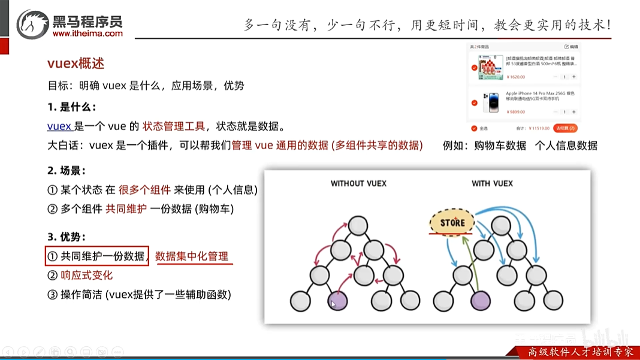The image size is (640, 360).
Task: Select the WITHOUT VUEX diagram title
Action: [355, 183]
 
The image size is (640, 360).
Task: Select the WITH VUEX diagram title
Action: [492, 183]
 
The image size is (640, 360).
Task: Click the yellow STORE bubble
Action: [452, 223]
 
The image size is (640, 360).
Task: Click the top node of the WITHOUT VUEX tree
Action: [358, 225]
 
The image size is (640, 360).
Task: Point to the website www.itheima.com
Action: [87, 34]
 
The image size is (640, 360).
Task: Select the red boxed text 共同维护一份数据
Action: [96, 256]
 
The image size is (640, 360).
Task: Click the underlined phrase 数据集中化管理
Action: [192, 256]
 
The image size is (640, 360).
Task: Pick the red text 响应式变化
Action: [86, 276]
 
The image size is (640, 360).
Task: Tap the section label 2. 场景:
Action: [71, 171]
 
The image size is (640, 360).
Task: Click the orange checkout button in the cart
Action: [565, 128]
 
